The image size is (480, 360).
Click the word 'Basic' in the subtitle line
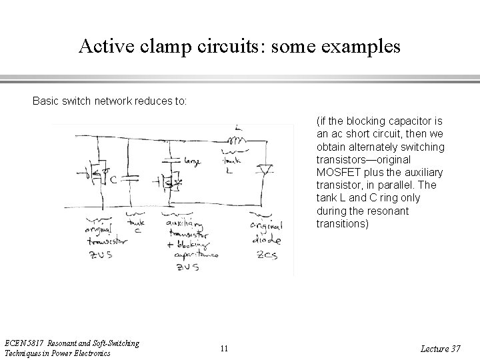(46, 102)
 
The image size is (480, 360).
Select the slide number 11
(223, 348)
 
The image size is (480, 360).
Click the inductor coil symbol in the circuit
(237, 141)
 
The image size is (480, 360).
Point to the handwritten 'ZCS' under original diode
(267, 255)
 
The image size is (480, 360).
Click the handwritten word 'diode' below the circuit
(267, 240)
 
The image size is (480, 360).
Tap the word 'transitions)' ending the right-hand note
(341, 224)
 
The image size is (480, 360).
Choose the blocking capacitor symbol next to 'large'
(171, 161)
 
